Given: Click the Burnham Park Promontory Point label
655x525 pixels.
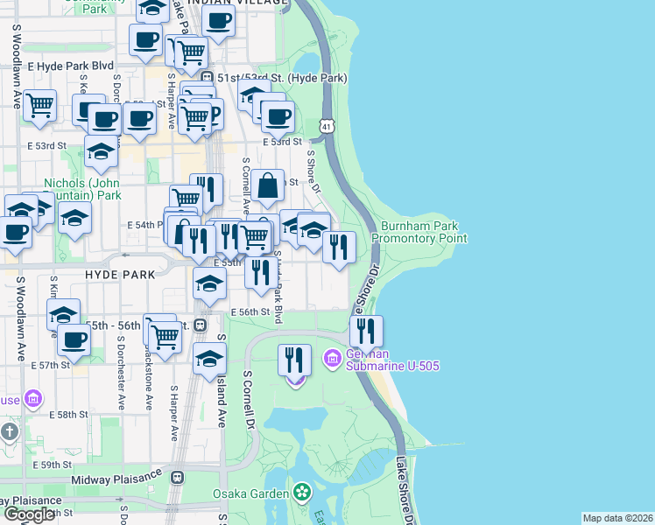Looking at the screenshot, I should tap(419, 232).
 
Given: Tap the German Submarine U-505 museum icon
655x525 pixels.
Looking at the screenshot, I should tap(332, 358).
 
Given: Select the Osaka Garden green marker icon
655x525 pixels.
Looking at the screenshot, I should tap(302, 493).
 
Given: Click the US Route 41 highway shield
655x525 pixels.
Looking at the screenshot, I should tap(326, 127).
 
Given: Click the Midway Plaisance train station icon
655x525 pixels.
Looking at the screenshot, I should tap(177, 478).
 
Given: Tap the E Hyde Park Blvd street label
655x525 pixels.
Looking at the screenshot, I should tap(71, 66).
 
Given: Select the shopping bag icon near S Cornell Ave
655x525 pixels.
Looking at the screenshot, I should tap(269, 185).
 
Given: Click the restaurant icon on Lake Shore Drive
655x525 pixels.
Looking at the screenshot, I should tap(366, 331).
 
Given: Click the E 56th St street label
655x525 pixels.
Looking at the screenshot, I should tap(250, 311).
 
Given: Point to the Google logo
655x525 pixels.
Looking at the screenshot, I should tap(29, 514).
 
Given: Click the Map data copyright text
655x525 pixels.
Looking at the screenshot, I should tap(617, 518).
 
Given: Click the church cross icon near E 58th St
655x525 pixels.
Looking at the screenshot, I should tap(9, 431).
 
